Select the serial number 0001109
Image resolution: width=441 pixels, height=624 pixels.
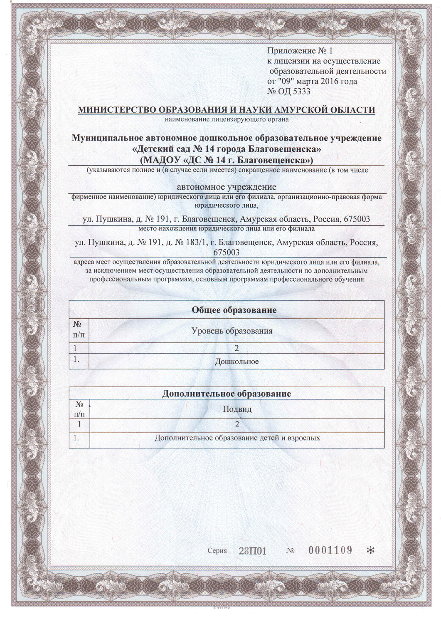(330, 550)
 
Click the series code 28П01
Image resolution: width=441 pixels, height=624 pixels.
(252, 551)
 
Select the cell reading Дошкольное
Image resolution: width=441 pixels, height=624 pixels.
(237, 362)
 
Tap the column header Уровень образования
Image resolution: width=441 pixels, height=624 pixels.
(232, 331)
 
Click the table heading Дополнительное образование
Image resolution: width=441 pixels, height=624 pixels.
(227, 394)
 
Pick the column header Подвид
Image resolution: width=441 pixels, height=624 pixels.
(237, 409)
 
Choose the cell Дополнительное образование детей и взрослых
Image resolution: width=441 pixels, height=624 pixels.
(237, 438)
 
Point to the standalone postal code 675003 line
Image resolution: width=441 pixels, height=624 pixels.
(226, 253)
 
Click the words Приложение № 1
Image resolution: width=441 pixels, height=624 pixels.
(300, 52)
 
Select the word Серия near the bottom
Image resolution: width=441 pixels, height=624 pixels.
(217, 551)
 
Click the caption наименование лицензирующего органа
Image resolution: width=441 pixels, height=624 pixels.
(227, 120)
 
